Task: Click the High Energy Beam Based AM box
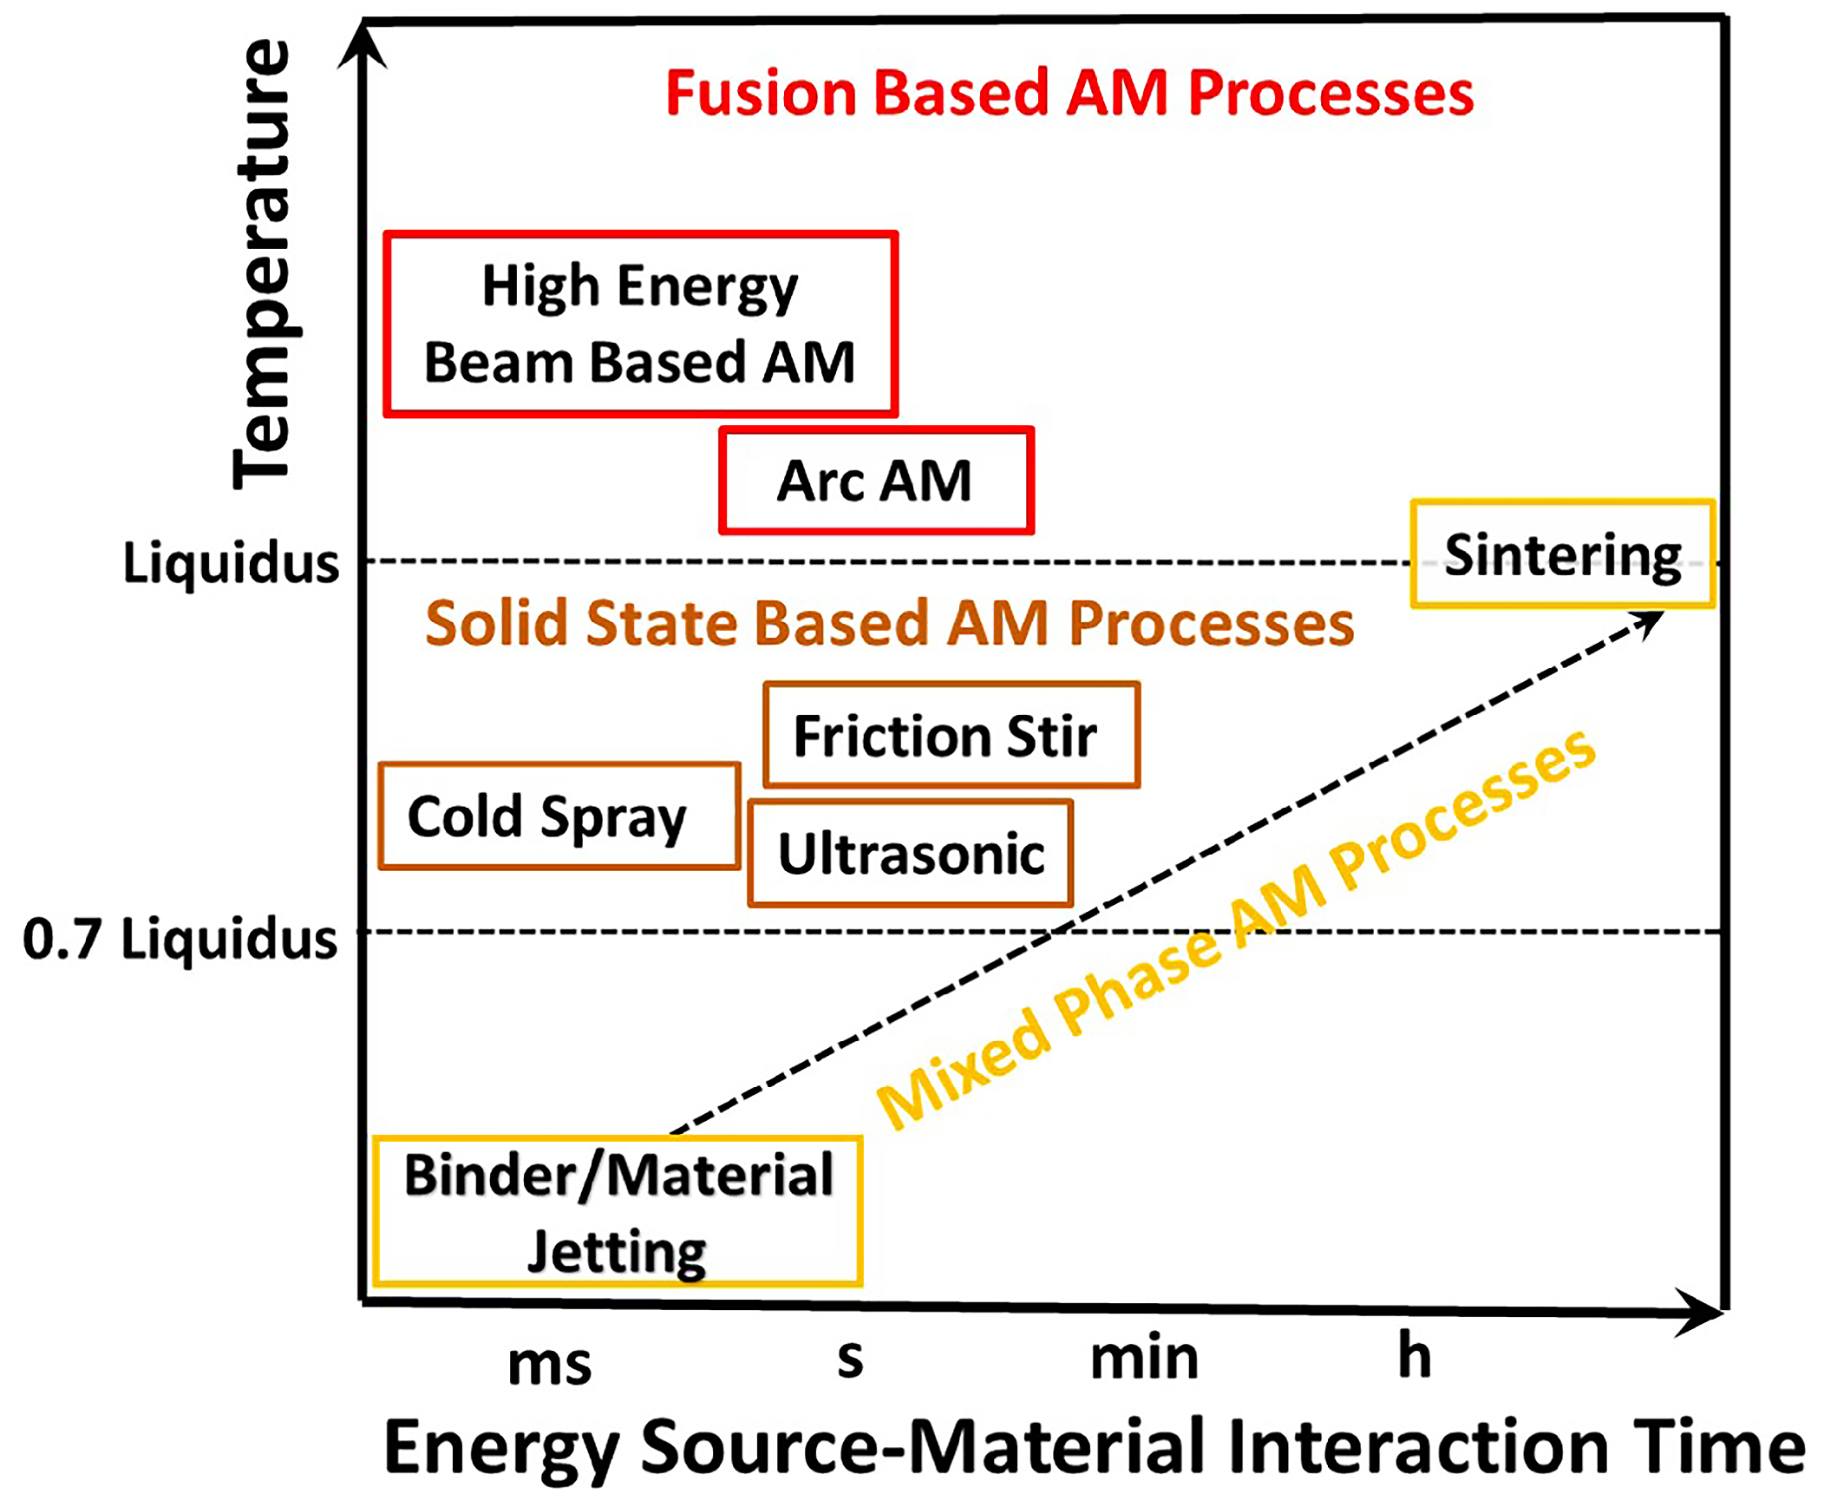coord(640,324)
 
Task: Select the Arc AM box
coord(875,480)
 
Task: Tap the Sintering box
coord(1562,554)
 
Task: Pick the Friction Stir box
coord(951,735)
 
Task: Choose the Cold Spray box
coord(559,816)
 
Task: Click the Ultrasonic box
coord(910,854)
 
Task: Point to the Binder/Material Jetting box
coord(617,1212)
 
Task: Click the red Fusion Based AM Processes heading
coord(1069,93)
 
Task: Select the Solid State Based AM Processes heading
coord(889,623)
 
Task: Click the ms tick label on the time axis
coord(549,1366)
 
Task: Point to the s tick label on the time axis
coord(849,1360)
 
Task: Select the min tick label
coord(1144,1358)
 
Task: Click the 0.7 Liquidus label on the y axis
coord(180,940)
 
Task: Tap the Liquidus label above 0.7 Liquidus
coord(231,562)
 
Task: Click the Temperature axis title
coord(262,265)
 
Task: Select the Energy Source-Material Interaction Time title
coord(1095,1448)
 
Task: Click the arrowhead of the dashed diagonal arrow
coord(1649,621)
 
